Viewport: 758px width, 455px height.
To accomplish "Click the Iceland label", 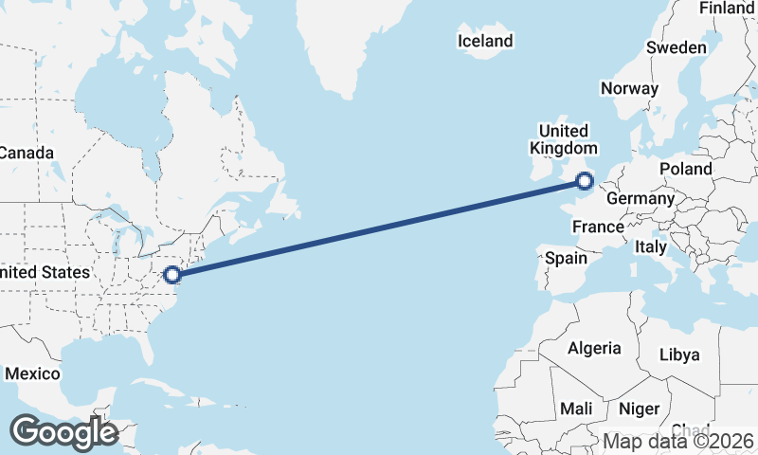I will tap(484, 41).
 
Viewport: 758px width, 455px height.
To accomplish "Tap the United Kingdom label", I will tap(564, 139).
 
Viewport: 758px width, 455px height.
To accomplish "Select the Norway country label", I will tap(629, 88).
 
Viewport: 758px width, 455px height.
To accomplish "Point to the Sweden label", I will tap(676, 47).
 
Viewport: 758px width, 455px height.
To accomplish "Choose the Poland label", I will tap(686, 169).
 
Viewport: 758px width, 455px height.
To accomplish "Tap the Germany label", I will tap(640, 199).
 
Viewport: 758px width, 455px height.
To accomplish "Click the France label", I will tap(598, 227).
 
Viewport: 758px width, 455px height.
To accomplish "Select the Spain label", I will tap(565, 258).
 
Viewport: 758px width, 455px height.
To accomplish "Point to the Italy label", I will tap(650, 246).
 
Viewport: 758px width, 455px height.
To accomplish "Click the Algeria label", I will tap(594, 348).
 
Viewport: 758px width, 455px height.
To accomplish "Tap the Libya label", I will tap(679, 355).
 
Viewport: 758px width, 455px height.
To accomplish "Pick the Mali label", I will tap(576, 409).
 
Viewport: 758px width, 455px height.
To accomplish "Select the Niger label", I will tap(639, 409).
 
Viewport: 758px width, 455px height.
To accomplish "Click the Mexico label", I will tap(32, 373).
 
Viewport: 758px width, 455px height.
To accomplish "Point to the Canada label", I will tap(26, 153).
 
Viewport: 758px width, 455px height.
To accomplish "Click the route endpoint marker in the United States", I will tap(172, 275).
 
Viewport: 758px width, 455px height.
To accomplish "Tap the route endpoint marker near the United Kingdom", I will tap(585, 180).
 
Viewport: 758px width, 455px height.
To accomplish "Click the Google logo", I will tap(63, 432).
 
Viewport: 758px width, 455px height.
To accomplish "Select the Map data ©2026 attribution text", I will tap(678, 441).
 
